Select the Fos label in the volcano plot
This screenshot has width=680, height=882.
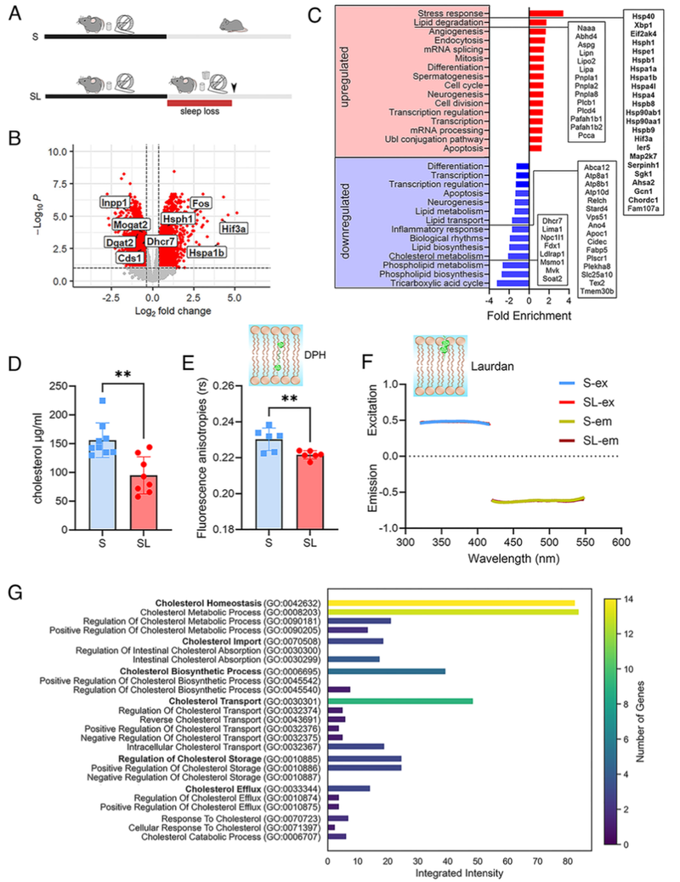[x=201, y=203]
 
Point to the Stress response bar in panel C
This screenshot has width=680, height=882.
[x=546, y=13]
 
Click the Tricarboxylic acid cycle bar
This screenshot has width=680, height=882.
[x=513, y=283]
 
